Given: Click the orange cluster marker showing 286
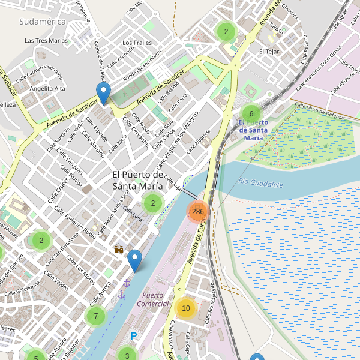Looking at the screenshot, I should pos(198,212).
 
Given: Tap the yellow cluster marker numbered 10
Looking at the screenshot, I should pos(186,308).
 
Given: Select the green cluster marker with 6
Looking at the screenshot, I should pos(251,114).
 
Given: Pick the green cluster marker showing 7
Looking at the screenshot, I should pos(95,316).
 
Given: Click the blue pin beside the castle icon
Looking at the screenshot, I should pos(135,260).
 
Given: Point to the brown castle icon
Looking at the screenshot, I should pos(119,249).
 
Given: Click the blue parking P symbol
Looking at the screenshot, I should pos(134,337).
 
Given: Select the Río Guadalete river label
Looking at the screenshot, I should pos(260,184).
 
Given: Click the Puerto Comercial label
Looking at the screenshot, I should pos(153,299).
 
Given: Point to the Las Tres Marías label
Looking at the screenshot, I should pos(46,41).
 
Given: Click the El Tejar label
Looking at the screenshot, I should pos(269,52).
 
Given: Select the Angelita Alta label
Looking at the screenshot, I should pos(47,89).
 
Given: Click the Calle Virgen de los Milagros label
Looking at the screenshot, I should pos(180,141).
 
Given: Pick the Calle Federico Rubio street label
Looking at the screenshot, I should pos(75,222).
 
